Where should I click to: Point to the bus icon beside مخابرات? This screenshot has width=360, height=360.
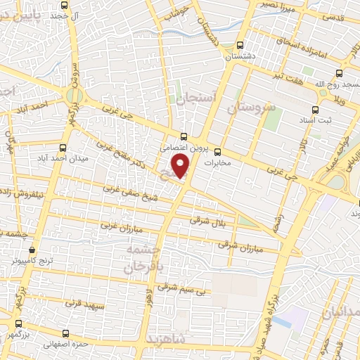[x=217, y=151]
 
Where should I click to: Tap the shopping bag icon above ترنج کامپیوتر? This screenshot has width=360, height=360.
[x=32, y=249]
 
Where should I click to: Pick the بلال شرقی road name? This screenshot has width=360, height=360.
[x=210, y=221]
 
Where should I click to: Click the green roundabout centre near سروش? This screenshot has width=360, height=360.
[x=73, y=95]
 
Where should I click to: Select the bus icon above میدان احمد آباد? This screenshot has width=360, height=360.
[x=63, y=148]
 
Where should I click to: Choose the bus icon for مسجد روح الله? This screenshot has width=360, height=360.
[x=340, y=72]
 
